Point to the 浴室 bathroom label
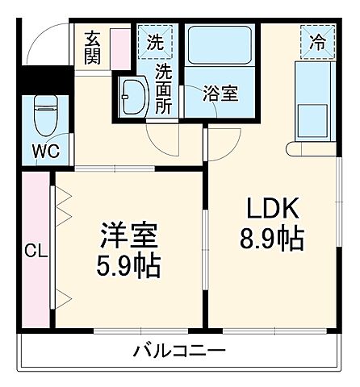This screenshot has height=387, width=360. [220, 94]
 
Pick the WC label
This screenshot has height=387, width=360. [44, 151]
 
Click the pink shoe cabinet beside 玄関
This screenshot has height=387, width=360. [119, 48]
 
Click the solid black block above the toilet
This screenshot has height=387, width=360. [36, 81]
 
